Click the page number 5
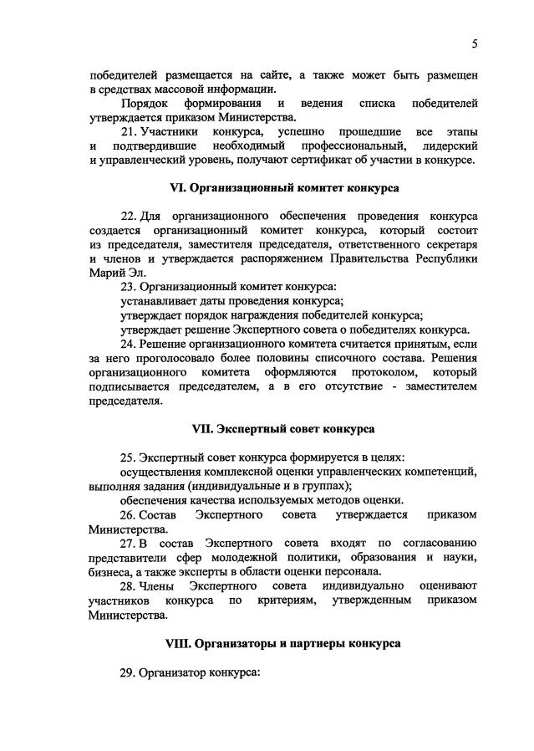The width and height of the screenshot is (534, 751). tap(474, 43)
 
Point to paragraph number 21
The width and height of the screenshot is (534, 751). tap(128, 132)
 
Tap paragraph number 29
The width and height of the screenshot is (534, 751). tap(128, 672)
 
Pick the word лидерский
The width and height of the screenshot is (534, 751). tap(447, 146)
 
